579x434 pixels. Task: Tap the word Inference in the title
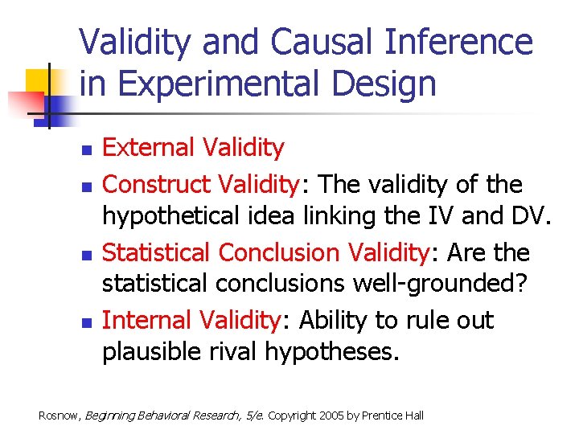click(x=461, y=42)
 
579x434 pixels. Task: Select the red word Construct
click(x=158, y=185)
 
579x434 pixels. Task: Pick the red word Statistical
click(x=158, y=252)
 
